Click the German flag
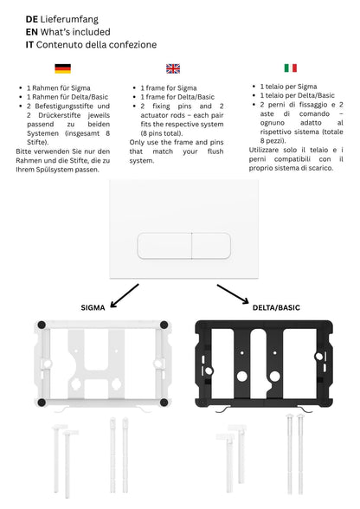(x=62, y=68)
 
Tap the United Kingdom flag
(x=173, y=68)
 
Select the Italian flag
(x=290, y=68)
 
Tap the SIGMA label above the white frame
(x=93, y=307)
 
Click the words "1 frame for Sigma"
(x=170, y=88)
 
